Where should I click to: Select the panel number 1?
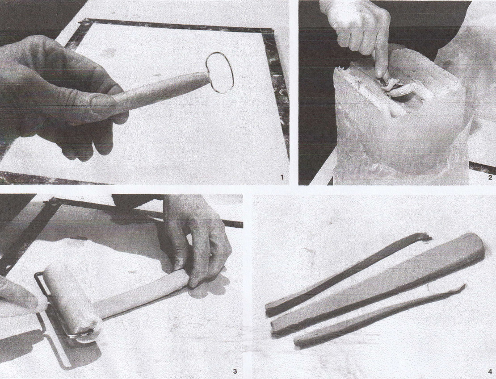coord(282,177)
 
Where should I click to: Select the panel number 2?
coord(490,177)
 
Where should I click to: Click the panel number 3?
coord(235,371)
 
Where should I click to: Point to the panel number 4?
coord(490,372)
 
